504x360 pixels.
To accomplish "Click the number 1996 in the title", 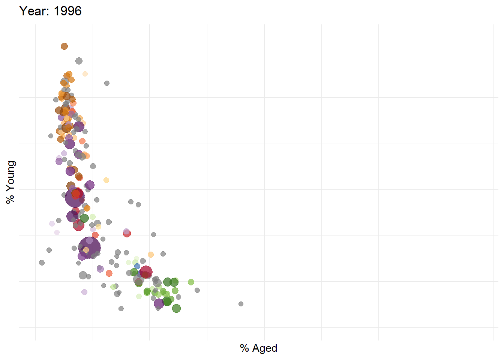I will coord(67,11).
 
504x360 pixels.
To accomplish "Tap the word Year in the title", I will coord(33,11).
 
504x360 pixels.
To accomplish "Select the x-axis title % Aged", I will coord(258,348).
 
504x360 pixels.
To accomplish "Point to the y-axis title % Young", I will coord(10,182).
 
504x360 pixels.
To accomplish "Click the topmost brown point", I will coord(64,46).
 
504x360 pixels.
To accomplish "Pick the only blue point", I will coord(137,266).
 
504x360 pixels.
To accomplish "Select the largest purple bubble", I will coord(90,247).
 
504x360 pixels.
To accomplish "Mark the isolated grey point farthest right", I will coord(241,304).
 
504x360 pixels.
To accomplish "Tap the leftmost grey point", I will coord(42,262).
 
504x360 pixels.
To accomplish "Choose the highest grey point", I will coord(79,61).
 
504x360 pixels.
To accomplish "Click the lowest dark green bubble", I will coord(176,308).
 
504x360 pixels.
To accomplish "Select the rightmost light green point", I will coord(191,282).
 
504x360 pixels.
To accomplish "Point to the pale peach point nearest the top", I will coord(85,74).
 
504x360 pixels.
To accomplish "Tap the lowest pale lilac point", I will coord(84,292).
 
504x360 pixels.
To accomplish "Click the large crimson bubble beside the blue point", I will coord(146,272).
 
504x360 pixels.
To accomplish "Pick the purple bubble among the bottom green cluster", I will coord(159,303).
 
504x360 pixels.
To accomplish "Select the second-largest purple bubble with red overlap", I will coord(75,197).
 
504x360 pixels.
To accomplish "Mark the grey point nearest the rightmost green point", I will coord(197,290).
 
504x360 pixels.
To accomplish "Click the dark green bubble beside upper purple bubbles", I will coord(84,218).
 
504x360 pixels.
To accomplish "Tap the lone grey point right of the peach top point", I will coord(107,83).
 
